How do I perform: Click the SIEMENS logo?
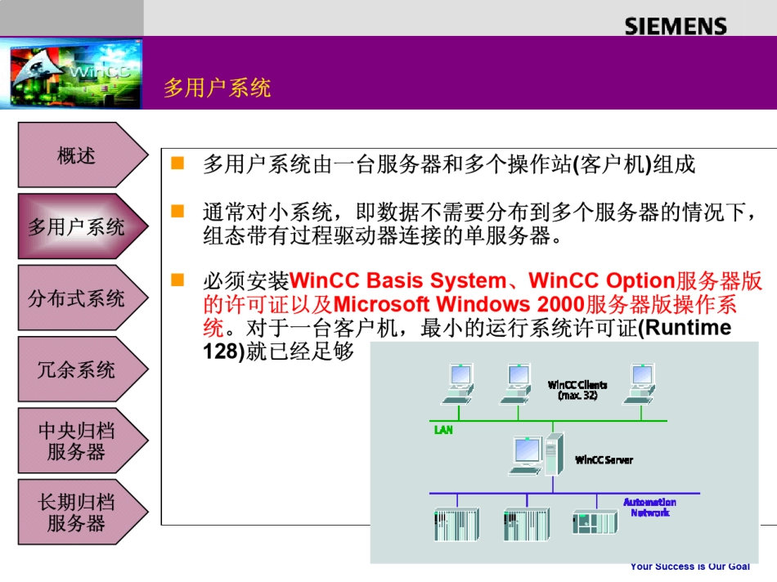click(x=675, y=26)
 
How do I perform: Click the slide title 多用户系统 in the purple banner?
click(x=217, y=87)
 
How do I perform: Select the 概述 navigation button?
click(x=77, y=155)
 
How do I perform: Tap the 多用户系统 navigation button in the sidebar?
click(x=77, y=226)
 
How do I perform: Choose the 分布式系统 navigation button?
click(x=77, y=298)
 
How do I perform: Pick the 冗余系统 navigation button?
click(x=77, y=369)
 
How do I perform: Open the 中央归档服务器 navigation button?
click(x=77, y=441)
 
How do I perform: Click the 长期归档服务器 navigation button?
click(x=77, y=513)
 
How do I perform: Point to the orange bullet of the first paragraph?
click(x=177, y=163)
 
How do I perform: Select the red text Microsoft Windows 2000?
click(x=459, y=305)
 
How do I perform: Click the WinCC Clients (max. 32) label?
click(x=577, y=390)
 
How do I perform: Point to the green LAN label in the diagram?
click(x=442, y=429)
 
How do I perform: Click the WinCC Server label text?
click(x=604, y=460)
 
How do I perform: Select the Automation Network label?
click(x=649, y=508)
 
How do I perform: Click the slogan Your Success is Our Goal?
click(x=689, y=566)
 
